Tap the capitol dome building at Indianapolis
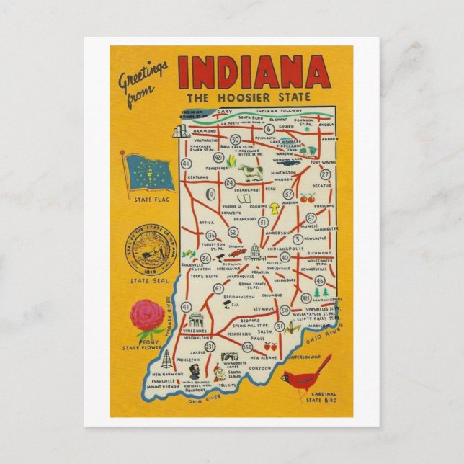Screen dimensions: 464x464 click(253, 251)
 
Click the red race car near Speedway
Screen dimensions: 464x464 click(236, 254)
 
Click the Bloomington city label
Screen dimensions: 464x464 click(239, 297)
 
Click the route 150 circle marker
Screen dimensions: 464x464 click(247, 347)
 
